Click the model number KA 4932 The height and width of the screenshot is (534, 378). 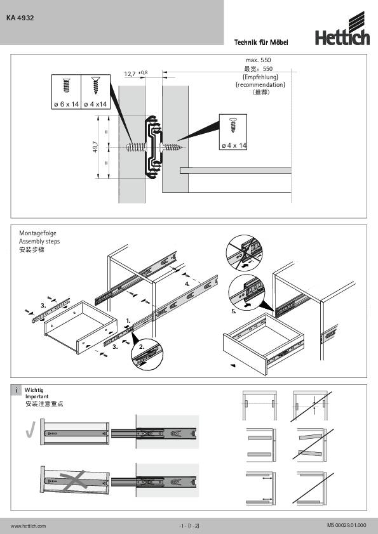[20, 18]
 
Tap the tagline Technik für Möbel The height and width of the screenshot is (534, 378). [261, 42]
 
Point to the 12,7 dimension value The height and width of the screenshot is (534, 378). [130, 74]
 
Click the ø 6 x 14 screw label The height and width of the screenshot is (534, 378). [66, 103]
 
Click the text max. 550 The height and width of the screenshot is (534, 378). [259, 60]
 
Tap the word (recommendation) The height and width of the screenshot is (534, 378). [260, 84]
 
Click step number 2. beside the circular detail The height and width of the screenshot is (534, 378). [142, 347]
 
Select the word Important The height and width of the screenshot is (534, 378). [36, 396]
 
